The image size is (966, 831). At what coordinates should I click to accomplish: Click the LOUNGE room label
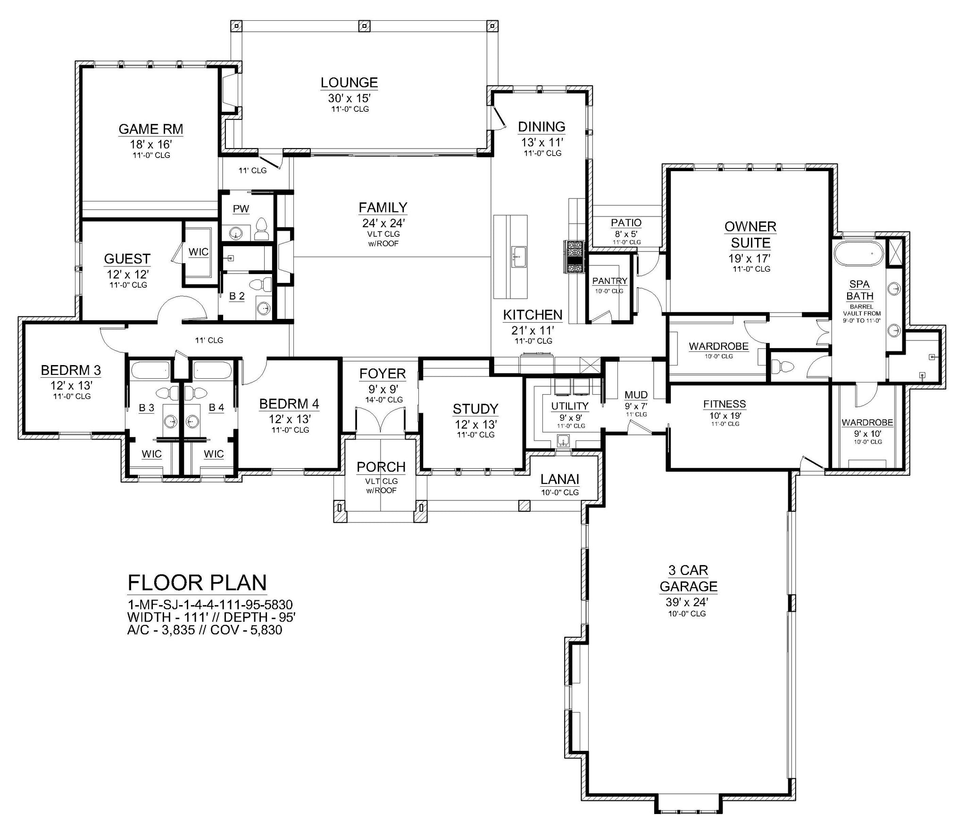click(x=349, y=83)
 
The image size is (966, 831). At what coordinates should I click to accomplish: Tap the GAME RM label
click(x=150, y=129)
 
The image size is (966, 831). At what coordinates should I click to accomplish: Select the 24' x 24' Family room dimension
click(x=384, y=223)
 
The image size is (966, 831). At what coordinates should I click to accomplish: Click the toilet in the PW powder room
click(x=262, y=229)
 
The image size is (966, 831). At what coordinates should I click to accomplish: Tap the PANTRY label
click(x=610, y=281)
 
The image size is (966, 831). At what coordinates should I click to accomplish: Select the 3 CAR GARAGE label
click(x=689, y=578)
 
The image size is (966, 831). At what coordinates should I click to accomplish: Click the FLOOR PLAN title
click(x=197, y=583)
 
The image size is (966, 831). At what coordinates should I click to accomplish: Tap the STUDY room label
click(x=475, y=409)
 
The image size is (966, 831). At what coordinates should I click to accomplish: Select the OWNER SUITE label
click(x=750, y=235)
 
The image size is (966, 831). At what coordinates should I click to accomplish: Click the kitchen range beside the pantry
click(x=574, y=257)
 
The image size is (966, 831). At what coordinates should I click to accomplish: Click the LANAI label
click(x=560, y=480)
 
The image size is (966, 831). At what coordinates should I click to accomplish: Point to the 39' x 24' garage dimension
click(x=688, y=602)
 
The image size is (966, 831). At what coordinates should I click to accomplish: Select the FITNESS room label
click(x=724, y=404)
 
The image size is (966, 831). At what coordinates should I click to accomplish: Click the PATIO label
click(x=626, y=223)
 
